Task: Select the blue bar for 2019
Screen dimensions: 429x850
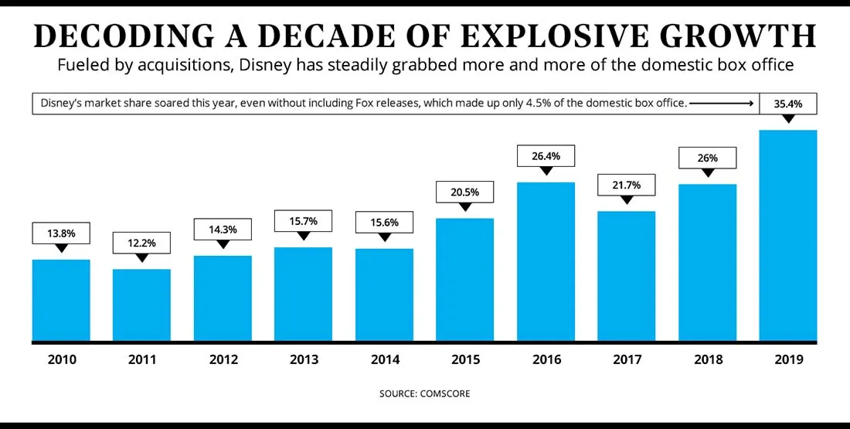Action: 788,235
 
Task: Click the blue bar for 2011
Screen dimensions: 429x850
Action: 141,305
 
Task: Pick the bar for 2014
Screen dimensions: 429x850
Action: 384,295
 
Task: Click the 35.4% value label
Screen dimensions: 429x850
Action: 788,103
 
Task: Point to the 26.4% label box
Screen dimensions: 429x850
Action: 546,156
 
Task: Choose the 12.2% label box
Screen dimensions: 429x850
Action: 141,243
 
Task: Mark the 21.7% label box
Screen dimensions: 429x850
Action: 626,186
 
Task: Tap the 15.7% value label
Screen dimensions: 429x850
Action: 303,221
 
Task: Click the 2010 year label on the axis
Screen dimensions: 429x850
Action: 61,359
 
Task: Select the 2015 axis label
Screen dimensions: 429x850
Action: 464,359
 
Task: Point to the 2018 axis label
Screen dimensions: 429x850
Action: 707,359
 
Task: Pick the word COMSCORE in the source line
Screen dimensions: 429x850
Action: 445,393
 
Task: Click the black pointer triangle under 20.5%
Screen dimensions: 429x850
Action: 464,207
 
